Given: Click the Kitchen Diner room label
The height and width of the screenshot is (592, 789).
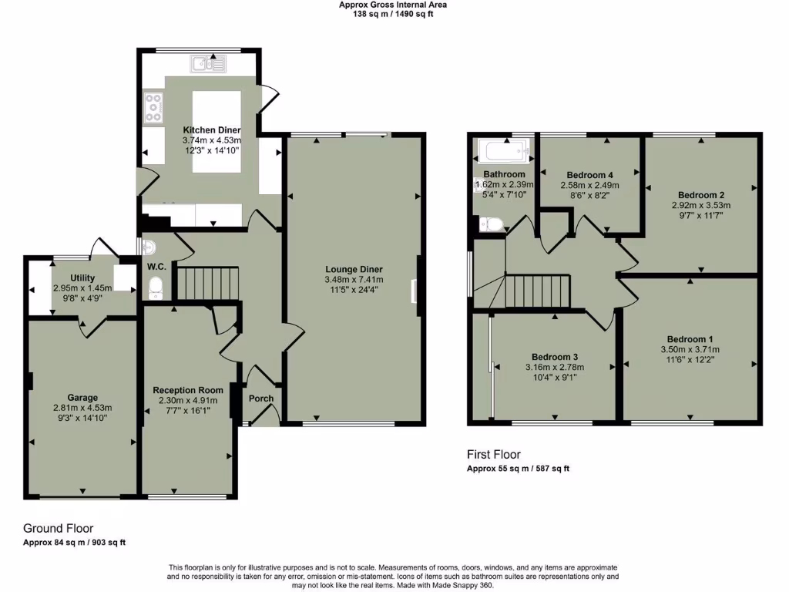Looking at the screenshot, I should coord(211,130).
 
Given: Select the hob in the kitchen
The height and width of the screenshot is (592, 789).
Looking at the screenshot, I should coord(152,108).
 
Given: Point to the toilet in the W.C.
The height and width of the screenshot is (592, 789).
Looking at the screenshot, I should coord(156,287).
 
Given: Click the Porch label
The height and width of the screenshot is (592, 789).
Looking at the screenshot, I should coord(260,399).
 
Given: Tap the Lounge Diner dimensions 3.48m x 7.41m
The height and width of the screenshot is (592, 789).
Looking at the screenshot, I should coord(354,280).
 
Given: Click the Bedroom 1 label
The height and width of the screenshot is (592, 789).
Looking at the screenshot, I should coord(690,339).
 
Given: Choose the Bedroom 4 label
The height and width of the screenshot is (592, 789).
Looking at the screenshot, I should coord(589,174).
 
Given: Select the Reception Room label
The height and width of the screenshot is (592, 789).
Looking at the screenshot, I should coord(187,390).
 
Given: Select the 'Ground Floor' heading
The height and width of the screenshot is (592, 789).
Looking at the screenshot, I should coord(59,529).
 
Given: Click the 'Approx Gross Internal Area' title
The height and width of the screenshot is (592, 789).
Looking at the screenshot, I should coord(393,5).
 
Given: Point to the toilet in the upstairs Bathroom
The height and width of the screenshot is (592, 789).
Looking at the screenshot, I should coord(491,224).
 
